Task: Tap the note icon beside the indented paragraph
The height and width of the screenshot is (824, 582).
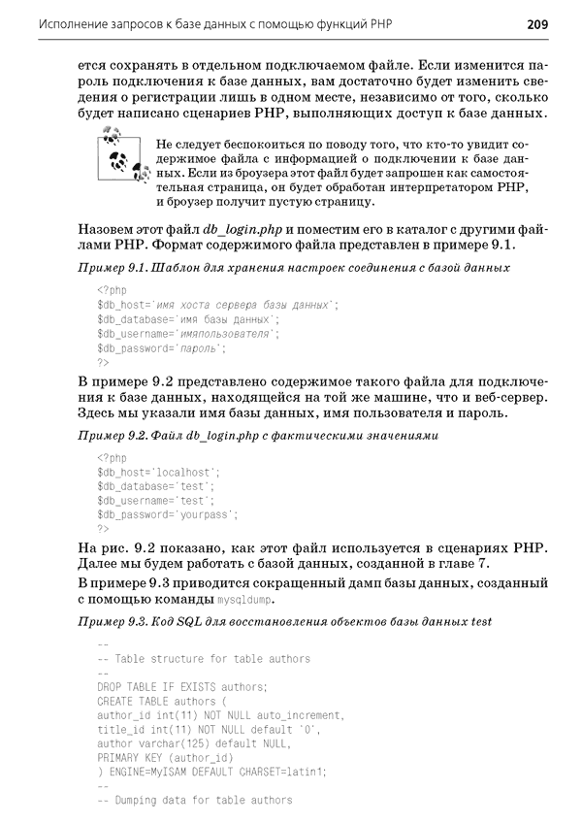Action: coord(114,155)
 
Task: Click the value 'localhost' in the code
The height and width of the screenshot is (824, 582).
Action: coord(185,472)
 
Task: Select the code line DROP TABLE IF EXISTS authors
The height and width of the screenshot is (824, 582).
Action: coord(182,687)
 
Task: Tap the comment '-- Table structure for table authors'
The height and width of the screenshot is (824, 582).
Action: coord(204,659)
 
